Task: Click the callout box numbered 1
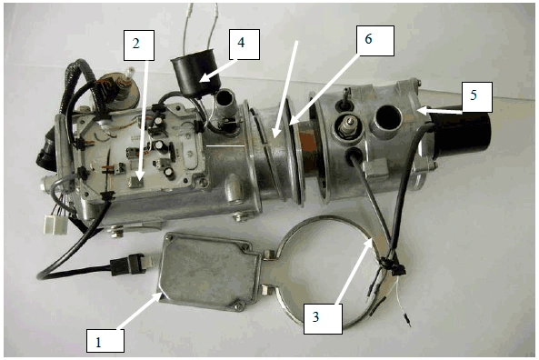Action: [x=105, y=341]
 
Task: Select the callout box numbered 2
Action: [x=139, y=45]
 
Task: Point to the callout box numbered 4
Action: [x=245, y=45]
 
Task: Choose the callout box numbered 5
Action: [x=477, y=97]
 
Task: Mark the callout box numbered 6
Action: [x=375, y=41]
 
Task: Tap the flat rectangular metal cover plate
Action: [x=209, y=272]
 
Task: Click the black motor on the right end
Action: [x=461, y=135]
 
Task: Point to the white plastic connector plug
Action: [x=55, y=225]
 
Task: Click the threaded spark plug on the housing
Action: [x=346, y=127]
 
